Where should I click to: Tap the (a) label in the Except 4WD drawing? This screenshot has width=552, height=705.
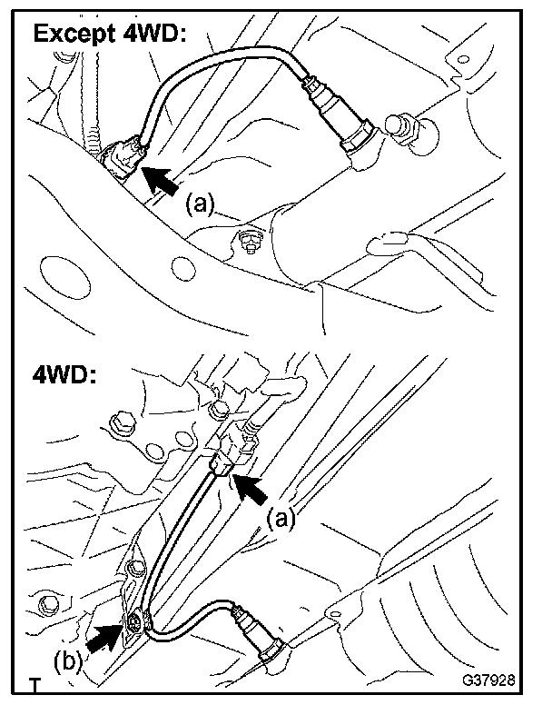click(200, 203)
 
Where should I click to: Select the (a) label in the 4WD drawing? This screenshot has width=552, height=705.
click(281, 519)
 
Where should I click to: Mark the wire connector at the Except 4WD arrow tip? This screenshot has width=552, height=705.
click(123, 156)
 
